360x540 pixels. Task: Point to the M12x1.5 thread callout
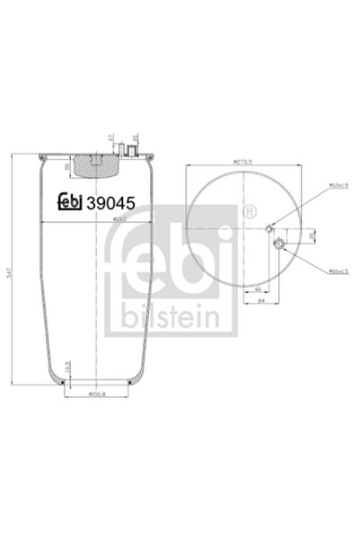tap(313, 185)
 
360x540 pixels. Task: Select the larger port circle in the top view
tap(278, 245)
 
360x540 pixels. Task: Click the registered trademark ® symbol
tap(247, 213)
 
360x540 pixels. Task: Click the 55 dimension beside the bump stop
tap(68, 167)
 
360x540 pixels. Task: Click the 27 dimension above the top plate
tap(111, 139)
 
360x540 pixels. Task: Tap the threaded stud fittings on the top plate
tap(132, 151)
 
